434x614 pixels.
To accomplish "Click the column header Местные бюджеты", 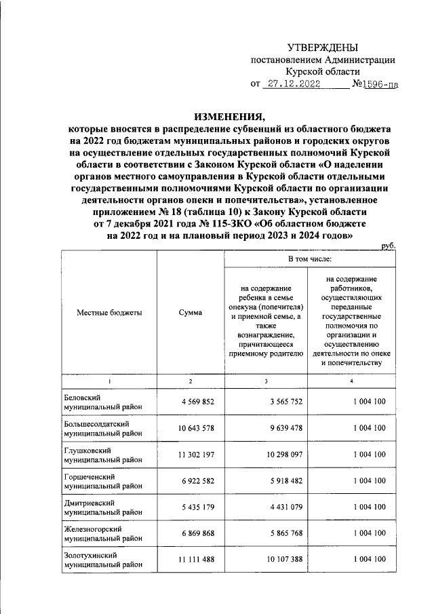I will [109, 312].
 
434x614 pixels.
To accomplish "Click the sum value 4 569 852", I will [197, 402].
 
